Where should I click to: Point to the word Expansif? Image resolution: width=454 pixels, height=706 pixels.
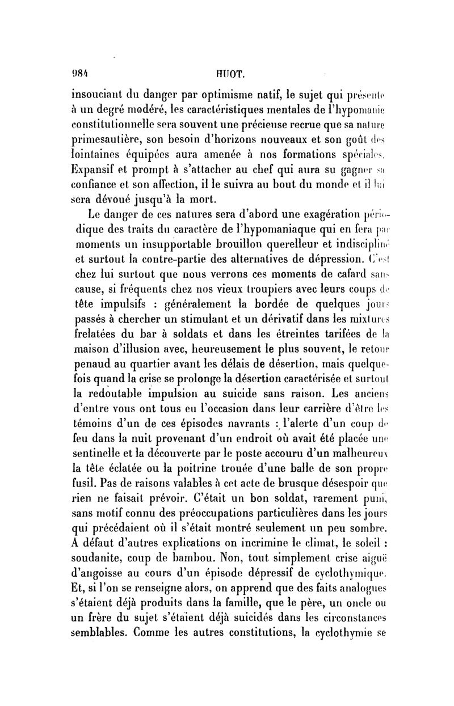tap(98, 168)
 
